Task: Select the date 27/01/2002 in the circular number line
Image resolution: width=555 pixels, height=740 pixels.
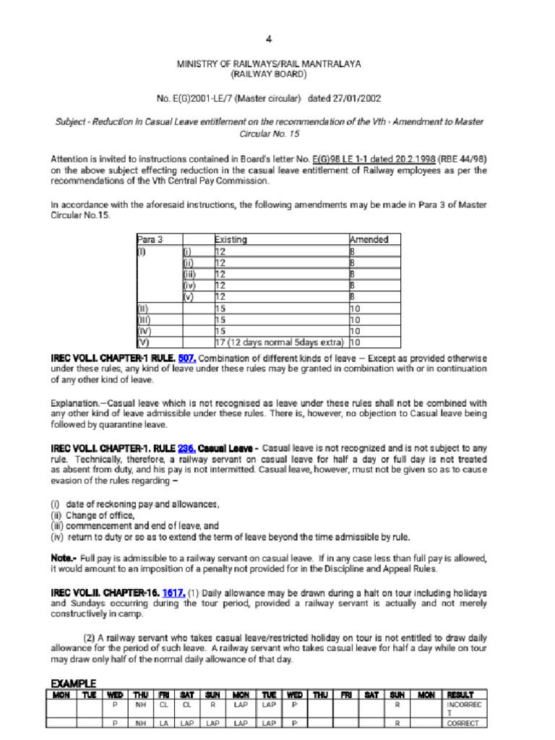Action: tap(356, 98)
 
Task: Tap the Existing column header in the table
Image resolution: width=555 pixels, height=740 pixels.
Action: tap(231, 239)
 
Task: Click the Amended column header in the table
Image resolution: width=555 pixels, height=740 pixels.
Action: tap(369, 239)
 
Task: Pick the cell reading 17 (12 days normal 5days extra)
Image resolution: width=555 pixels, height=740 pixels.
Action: tap(279, 342)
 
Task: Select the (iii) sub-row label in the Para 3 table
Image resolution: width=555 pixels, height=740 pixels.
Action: tap(189, 275)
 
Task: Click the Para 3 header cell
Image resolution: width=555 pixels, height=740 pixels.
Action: tap(150, 239)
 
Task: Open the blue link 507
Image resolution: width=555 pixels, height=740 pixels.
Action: tap(186, 358)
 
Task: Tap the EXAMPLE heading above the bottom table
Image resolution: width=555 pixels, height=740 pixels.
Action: tap(73, 683)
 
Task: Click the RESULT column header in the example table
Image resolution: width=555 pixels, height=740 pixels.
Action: tap(460, 694)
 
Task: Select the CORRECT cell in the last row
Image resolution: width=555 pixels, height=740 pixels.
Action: tap(462, 723)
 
